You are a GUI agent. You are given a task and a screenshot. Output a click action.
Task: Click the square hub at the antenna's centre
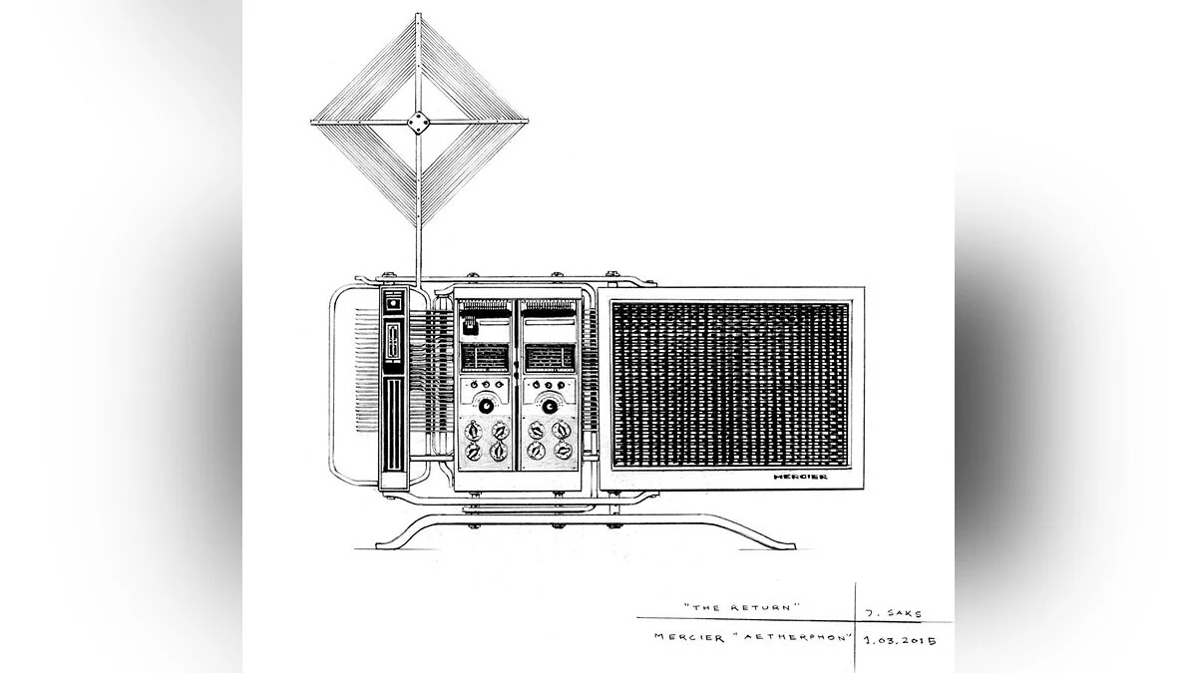tap(417, 124)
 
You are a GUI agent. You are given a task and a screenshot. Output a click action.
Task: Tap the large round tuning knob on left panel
tap(485, 406)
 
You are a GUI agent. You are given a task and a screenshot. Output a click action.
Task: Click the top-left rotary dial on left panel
tap(473, 431)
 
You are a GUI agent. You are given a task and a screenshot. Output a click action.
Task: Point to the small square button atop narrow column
tap(392, 301)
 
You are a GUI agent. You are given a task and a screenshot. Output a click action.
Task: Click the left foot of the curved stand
tap(384, 544)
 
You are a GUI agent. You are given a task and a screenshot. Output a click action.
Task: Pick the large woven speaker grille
tap(729, 384)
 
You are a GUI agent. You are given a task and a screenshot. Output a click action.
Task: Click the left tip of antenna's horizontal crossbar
tap(314, 124)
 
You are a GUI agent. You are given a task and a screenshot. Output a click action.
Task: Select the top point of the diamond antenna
tap(417, 16)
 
